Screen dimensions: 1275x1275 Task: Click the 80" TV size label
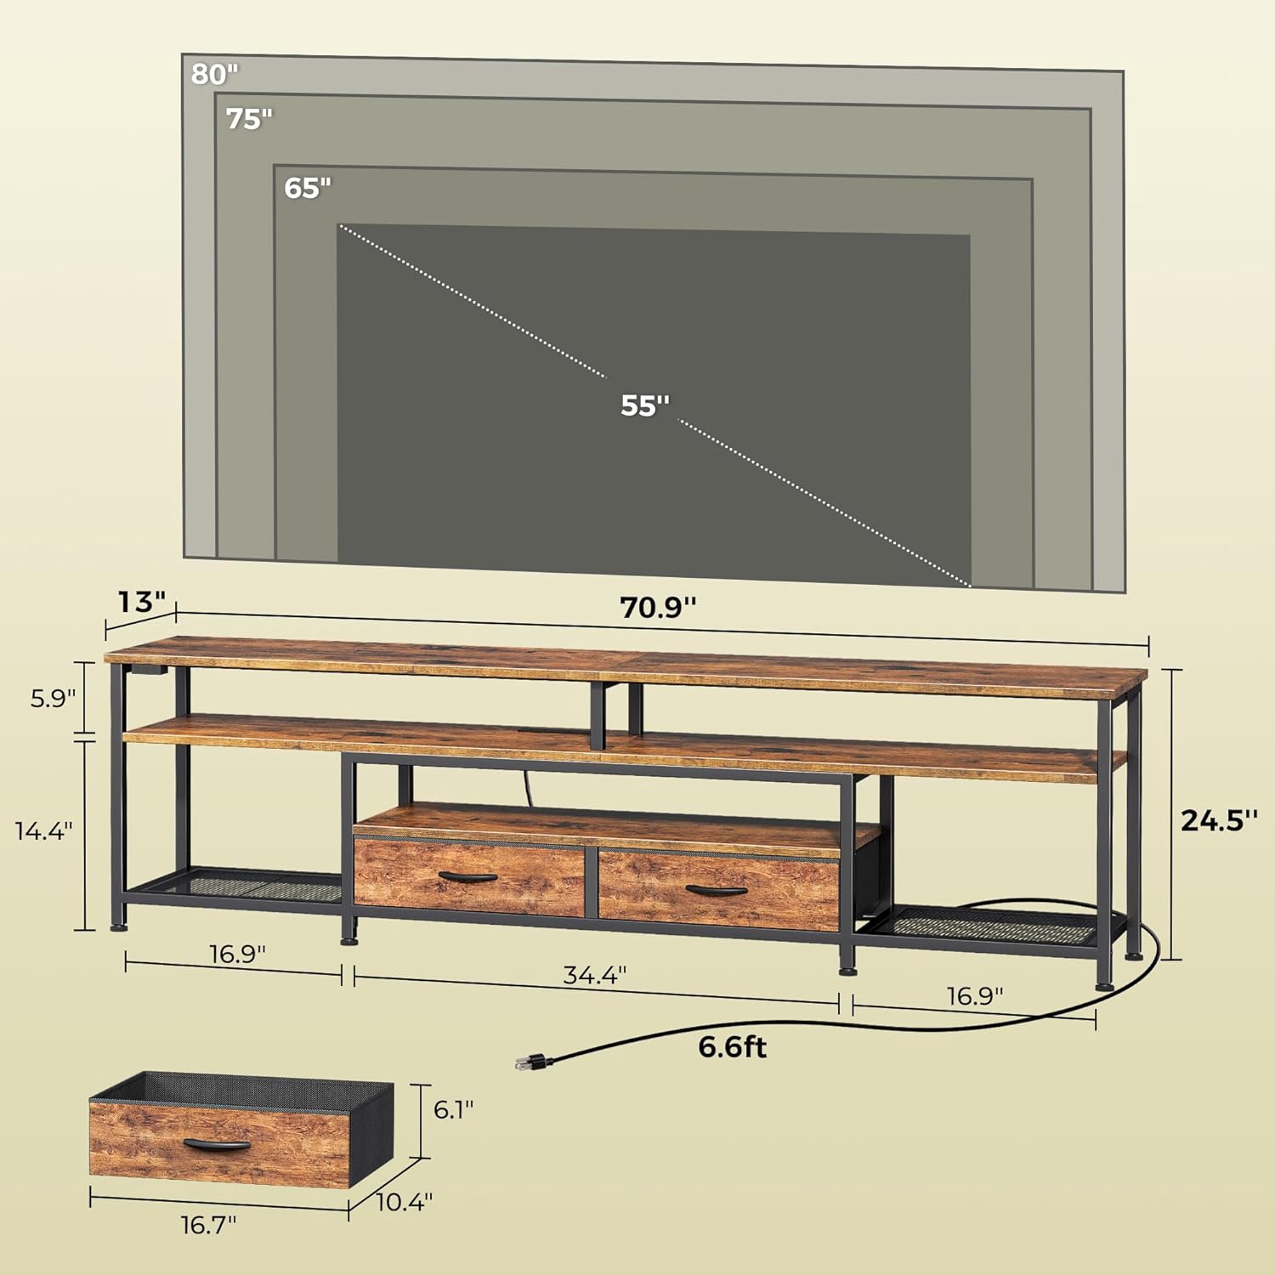tap(214, 75)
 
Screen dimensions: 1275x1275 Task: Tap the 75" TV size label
tap(249, 119)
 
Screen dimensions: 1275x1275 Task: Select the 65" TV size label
tap(308, 188)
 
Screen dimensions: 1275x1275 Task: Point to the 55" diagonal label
tap(645, 405)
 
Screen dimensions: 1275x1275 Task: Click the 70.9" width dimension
tap(658, 608)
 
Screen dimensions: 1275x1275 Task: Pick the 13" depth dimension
tap(141, 602)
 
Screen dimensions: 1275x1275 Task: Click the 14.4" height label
tap(44, 830)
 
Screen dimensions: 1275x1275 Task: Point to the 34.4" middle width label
tap(595, 974)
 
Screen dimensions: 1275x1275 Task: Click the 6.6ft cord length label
tap(732, 1046)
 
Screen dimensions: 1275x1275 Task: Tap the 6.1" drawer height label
tap(454, 1109)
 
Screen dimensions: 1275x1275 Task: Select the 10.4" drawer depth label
tap(405, 1201)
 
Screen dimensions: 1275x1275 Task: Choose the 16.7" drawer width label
tap(208, 1225)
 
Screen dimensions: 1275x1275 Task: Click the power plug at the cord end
tap(532, 1062)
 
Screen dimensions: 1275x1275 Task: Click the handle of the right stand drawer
tap(717, 890)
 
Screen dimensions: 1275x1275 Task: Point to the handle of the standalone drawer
tap(217, 1144)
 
